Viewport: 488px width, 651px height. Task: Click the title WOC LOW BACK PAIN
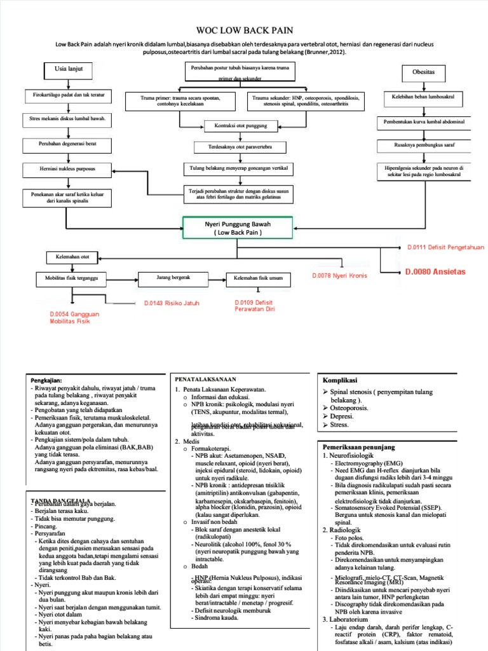(x=243, y=30)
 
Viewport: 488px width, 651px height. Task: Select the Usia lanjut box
(x=69, y=69)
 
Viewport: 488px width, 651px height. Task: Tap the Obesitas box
(x=423, y=72)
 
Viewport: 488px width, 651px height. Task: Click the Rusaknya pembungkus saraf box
(x=423, y=146)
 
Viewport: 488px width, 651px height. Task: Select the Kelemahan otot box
(x=71, y=257)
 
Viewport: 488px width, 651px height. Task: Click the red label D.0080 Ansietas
(x=435, y=271)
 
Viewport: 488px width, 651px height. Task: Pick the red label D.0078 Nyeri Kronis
(x=339, y=276)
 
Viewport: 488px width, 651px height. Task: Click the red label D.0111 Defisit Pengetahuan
(x=437, y=247)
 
